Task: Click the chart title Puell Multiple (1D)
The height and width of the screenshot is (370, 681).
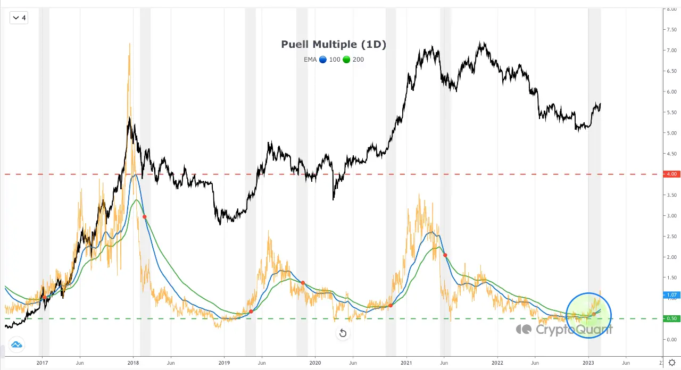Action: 334,45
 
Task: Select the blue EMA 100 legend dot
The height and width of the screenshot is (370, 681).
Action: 322,60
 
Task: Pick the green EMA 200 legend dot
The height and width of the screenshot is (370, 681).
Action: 346,60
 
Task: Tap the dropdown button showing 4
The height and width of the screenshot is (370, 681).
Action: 19,18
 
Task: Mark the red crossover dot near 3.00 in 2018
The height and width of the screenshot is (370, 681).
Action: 145,216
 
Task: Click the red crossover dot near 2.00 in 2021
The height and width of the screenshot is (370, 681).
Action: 445,255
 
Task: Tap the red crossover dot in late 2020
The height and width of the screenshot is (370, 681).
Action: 391,305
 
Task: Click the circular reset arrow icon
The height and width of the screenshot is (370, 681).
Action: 343,333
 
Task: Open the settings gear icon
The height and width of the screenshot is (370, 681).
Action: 672,363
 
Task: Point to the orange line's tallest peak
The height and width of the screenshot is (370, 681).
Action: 129,44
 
